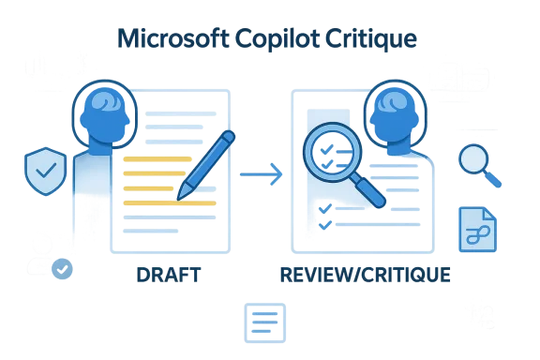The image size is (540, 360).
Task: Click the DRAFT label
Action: pyautogui.click(x=169, y=275)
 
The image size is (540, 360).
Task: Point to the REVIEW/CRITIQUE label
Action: pyautogui.click(x=364, y=275)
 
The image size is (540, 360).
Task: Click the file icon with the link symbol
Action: pyautogui.click(x=478, y=229)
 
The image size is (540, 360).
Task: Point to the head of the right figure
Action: pyautogui.click(x=385, y=109)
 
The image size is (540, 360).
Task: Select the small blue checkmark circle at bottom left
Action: pyautogui.click(x=62, y=269)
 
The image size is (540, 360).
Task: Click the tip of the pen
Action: pyautogui.click(x=179, y=195)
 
